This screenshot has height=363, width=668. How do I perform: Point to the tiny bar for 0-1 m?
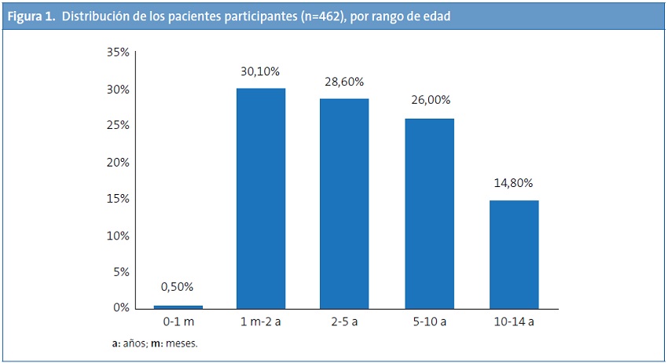pyautogui.click(x=178, y=306)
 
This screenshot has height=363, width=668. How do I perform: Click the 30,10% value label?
pyautogui.click(x=260, y=71)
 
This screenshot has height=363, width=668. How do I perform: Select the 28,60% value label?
pyautogui.click(x=344, y=82)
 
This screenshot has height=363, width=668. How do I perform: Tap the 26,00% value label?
pyautogui.click(x=429, y=101)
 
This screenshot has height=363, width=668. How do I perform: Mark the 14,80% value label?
pyautogui.click(x=513, y=183)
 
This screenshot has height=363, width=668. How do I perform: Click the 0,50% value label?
pyautogui.click(x=178, y=287)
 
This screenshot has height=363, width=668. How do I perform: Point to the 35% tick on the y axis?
pyautogui.click(x=118, y=53)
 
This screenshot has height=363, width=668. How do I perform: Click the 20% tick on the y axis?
pyautogui.click(x=118, y=162)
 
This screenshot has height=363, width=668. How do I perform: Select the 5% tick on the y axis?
pyautogui.click(x=120, y=272)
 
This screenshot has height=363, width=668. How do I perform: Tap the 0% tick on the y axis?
pyautogui.click(x=120, y=308)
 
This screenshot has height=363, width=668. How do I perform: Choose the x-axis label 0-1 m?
pyautogui.click(x=178, y=323)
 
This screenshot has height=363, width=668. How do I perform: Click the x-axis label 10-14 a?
pyautogui.click(x=513, y=323)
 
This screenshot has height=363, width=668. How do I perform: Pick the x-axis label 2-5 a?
pyautogui.click(x=344, y=323)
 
